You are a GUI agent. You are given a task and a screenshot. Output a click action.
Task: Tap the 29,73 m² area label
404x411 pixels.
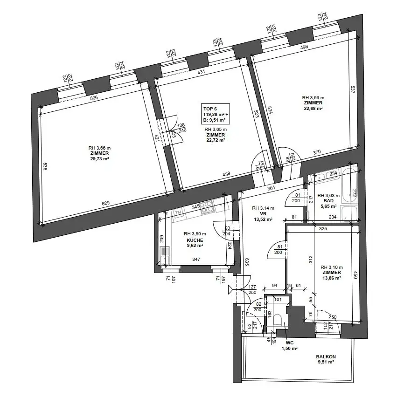pos(99,158)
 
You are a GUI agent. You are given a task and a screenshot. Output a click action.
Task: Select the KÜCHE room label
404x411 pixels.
pos(195,240)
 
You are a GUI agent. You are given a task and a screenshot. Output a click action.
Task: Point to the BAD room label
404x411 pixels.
pos(329,201)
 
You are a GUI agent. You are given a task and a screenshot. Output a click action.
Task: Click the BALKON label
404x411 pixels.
pos(326,357)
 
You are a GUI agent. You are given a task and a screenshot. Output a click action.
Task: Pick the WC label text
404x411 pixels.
pos(290,343)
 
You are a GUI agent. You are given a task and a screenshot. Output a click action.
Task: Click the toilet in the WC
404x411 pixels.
pos(278,320)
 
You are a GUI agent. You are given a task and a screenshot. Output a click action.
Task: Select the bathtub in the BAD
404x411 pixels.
pos(350,186)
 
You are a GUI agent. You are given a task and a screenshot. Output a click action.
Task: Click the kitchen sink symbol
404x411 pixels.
pos(165,254)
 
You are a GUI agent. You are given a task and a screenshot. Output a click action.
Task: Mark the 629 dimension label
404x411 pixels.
pos(105,203)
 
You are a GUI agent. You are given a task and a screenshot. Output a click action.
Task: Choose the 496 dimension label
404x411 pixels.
pos(304,47)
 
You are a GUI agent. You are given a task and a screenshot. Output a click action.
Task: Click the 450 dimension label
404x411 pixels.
pos(355,275)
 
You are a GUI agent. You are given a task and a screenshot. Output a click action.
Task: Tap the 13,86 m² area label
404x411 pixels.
pos(332,278)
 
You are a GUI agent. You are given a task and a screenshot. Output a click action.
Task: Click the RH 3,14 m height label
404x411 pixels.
pos(263,208)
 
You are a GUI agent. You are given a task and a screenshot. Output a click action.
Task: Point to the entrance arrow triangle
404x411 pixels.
pos(231,290)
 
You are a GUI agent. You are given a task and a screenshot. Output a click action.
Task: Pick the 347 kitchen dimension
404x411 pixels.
pos(196,259)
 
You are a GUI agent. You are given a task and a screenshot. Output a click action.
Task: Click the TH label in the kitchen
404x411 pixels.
pos(178,213)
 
